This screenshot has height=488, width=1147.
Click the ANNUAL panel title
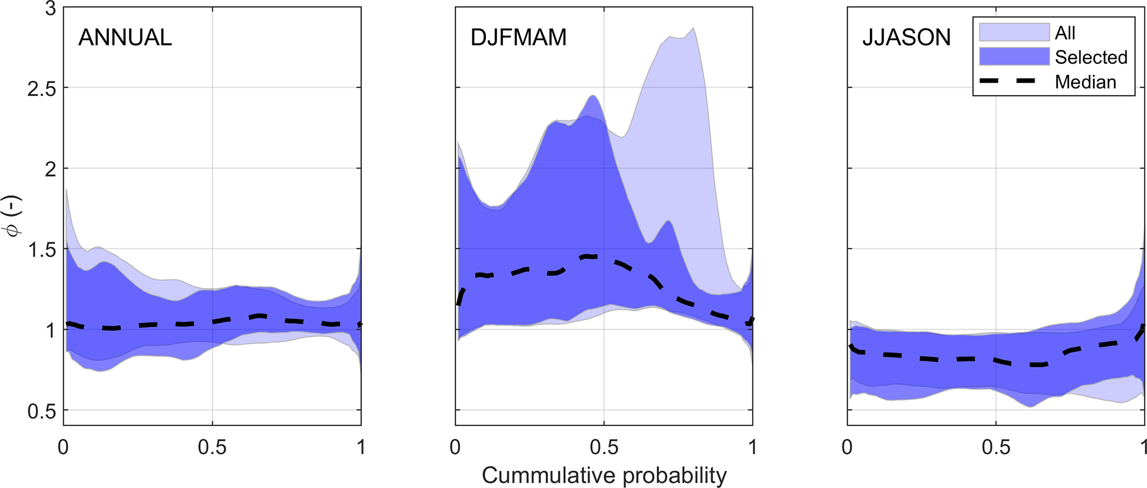click(x=125, y=38)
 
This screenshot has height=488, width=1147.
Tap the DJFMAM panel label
click(x=519, y=38)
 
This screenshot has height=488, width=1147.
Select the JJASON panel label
click(x=906, y=38)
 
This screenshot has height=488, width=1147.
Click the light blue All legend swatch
click(x=1014, y=32)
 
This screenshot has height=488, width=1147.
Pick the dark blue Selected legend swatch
click(x=1014, y=57)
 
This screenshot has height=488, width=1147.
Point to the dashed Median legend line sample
click(x=1014, y=81)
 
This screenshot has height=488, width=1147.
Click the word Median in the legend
click(x=1085, y=82)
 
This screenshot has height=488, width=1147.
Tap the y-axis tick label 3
click(x=51, y=9)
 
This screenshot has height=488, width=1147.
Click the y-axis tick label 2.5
click(x=42, y=89)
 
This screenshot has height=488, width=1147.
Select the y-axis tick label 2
click(x=51, y=169)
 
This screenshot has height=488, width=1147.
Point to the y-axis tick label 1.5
click(x=42, y=250)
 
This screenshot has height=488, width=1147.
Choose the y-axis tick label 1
click(x=51, y=330)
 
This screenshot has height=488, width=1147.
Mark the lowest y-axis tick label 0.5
click(x=42, y=411)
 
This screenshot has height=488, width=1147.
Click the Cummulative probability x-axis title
click(x=604, y=475)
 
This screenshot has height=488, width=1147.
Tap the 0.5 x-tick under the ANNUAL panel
click(x=212, y=447)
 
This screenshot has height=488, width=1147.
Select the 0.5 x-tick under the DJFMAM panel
click(x=604, y=447)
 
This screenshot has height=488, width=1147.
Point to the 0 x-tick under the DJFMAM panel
click(x=455, y=447)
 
